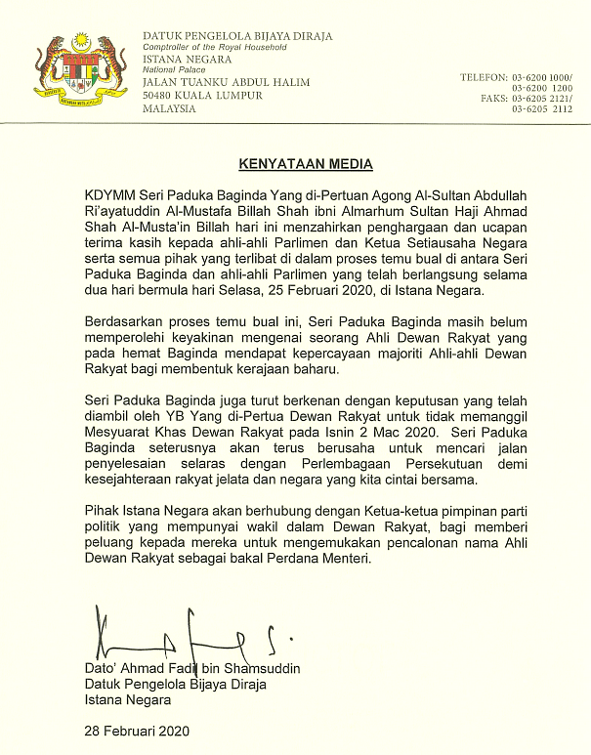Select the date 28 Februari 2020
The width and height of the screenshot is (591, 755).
(x=136, y=730)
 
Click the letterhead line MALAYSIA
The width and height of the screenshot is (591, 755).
(x=169, y=108)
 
